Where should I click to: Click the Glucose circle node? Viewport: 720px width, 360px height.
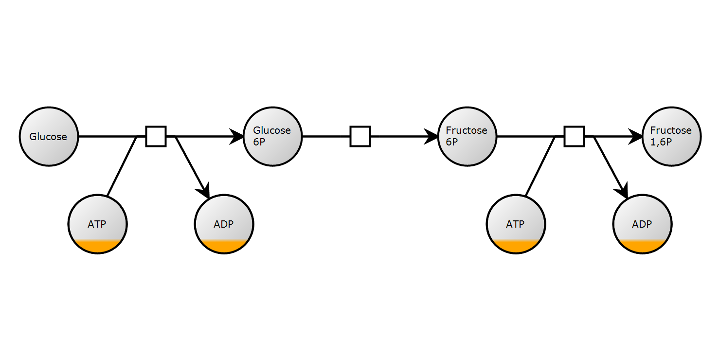49,137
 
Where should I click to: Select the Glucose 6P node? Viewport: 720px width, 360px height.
272,137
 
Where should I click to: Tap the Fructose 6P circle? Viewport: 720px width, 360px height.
467,137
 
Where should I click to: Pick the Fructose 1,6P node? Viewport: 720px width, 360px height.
671,137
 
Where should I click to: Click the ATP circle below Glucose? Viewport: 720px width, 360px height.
97,224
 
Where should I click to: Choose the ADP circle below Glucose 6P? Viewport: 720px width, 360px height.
224,224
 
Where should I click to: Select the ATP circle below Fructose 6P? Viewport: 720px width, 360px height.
516,224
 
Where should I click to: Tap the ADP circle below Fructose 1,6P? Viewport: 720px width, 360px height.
642,224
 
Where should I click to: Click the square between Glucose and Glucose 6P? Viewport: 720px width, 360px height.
156,136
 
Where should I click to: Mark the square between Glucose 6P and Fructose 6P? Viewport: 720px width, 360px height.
360,136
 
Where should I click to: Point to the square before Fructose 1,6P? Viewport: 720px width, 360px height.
574,136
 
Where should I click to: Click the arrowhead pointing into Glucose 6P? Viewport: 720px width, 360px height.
237,137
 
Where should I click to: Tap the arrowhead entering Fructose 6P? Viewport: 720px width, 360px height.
432,137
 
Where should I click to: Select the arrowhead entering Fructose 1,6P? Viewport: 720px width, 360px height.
636,137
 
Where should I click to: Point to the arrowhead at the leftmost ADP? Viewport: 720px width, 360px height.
205,190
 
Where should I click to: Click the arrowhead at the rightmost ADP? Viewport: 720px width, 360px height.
624,190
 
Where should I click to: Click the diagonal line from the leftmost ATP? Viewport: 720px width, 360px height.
122,166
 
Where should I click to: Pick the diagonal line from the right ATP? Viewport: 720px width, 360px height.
540,166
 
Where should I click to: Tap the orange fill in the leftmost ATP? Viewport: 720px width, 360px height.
97,247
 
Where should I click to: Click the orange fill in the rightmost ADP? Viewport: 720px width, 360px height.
642,247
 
